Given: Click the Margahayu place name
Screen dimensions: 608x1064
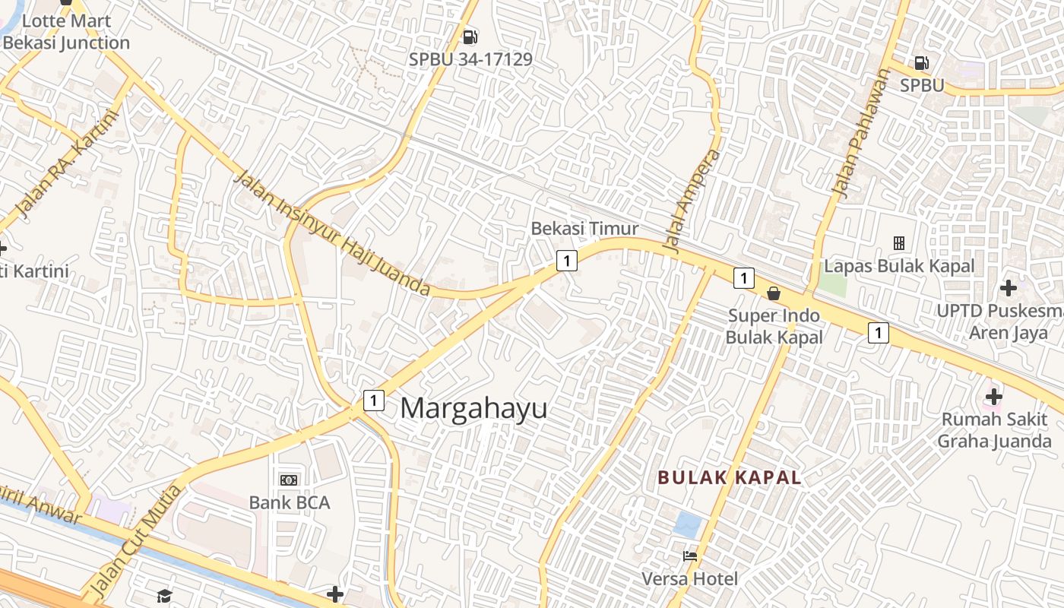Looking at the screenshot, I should click(x=473, y=408).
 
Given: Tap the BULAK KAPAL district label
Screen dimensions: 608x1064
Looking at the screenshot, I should click(x=730, y=477).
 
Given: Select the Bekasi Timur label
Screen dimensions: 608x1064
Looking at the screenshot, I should click(x=584, y=228).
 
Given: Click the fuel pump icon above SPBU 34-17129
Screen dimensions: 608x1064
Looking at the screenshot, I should click(x=470, y=36).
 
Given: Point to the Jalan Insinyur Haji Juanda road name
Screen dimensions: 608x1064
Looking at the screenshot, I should click(x=332, y=233).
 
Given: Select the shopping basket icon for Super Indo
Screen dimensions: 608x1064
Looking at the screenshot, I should click(x=774, y=293).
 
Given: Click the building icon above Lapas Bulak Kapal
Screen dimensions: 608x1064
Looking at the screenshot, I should click(x=899, y=243).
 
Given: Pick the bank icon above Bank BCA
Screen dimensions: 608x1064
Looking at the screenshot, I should click(x=289, y=480).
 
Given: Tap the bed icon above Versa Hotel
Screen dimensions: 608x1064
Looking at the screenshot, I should click(x=690, y=556).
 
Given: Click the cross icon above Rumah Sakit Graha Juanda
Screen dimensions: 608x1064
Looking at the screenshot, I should click(x=993, y=396).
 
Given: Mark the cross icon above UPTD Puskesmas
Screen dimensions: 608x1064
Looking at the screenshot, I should click(x=1009, y=288).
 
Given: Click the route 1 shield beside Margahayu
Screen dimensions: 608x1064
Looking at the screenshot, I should click(x=373, y=400).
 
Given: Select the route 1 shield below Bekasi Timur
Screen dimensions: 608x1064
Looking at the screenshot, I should click(x=566, y=261).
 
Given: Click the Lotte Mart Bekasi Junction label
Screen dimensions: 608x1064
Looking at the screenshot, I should click(x=66, y=32).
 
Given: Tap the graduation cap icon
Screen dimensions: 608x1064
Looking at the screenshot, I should click(x=165, y=595).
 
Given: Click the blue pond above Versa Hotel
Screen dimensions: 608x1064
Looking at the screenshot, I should click(x=689, y=524).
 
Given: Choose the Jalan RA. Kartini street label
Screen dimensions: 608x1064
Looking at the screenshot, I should click(x=68, y=165).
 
